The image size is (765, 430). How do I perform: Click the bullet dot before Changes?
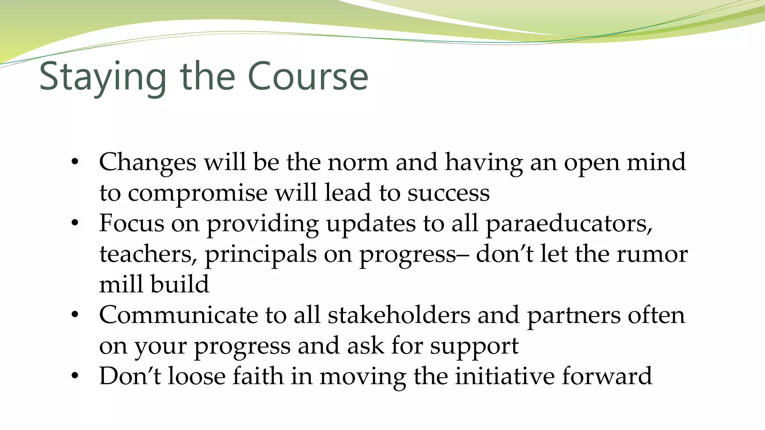75,162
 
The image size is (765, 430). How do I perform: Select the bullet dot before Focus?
75,224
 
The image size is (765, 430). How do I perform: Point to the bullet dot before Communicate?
75,315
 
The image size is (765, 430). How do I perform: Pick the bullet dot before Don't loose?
75,376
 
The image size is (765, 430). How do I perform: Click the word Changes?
148,162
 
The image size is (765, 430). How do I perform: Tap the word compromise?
198,193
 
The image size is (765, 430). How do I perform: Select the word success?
448,193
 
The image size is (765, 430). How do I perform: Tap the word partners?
573,316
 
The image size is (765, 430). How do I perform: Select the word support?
474,346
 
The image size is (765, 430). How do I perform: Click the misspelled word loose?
196,376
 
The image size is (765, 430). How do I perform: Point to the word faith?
258,376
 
